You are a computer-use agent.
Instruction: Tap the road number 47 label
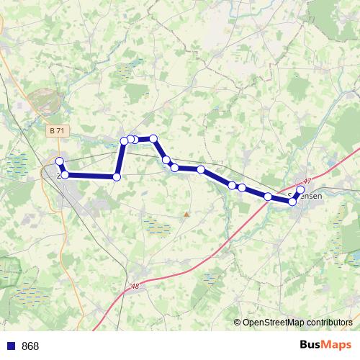(x=307, y=181)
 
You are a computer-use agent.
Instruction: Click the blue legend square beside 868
(x=11, y=346)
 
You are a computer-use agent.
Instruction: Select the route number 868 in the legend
(x=30, y=346)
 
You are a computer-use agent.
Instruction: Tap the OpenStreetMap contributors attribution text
(x=297, y=323)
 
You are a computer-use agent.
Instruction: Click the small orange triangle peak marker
(x=186, y=214)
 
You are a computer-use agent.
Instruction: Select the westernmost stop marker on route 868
(x=60, y=162)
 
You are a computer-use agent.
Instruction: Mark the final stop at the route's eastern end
(x=300, y=191)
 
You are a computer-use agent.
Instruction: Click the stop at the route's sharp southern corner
(x=116, y=176)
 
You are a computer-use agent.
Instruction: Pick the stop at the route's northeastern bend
(x=153, y=138)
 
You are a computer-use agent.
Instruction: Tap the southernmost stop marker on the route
(x=293, y=202)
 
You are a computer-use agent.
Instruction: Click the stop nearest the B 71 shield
(x=60, y=162)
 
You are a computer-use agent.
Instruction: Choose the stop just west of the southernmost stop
(x=268, y=197)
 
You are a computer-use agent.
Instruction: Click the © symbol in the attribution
(x=238, y=323)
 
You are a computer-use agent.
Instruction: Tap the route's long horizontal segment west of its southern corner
(x=90, y=176)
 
